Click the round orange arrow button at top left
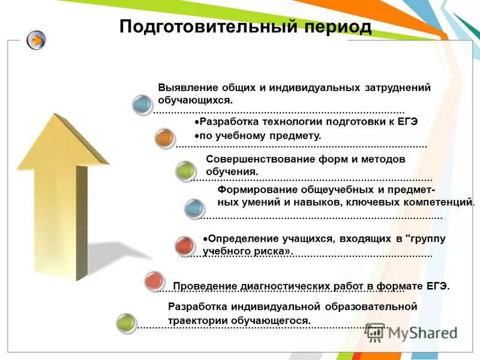[x=36, y=41]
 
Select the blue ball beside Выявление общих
[x=142, y=105]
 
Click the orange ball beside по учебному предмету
[x=164, y=139]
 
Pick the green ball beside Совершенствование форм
[x=185, y=171]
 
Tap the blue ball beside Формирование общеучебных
[x=193, y=208]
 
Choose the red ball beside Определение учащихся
[x=184, y=245]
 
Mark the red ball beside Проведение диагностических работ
[x=154, y=280]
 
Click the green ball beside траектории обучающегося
[x=126, y=323]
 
